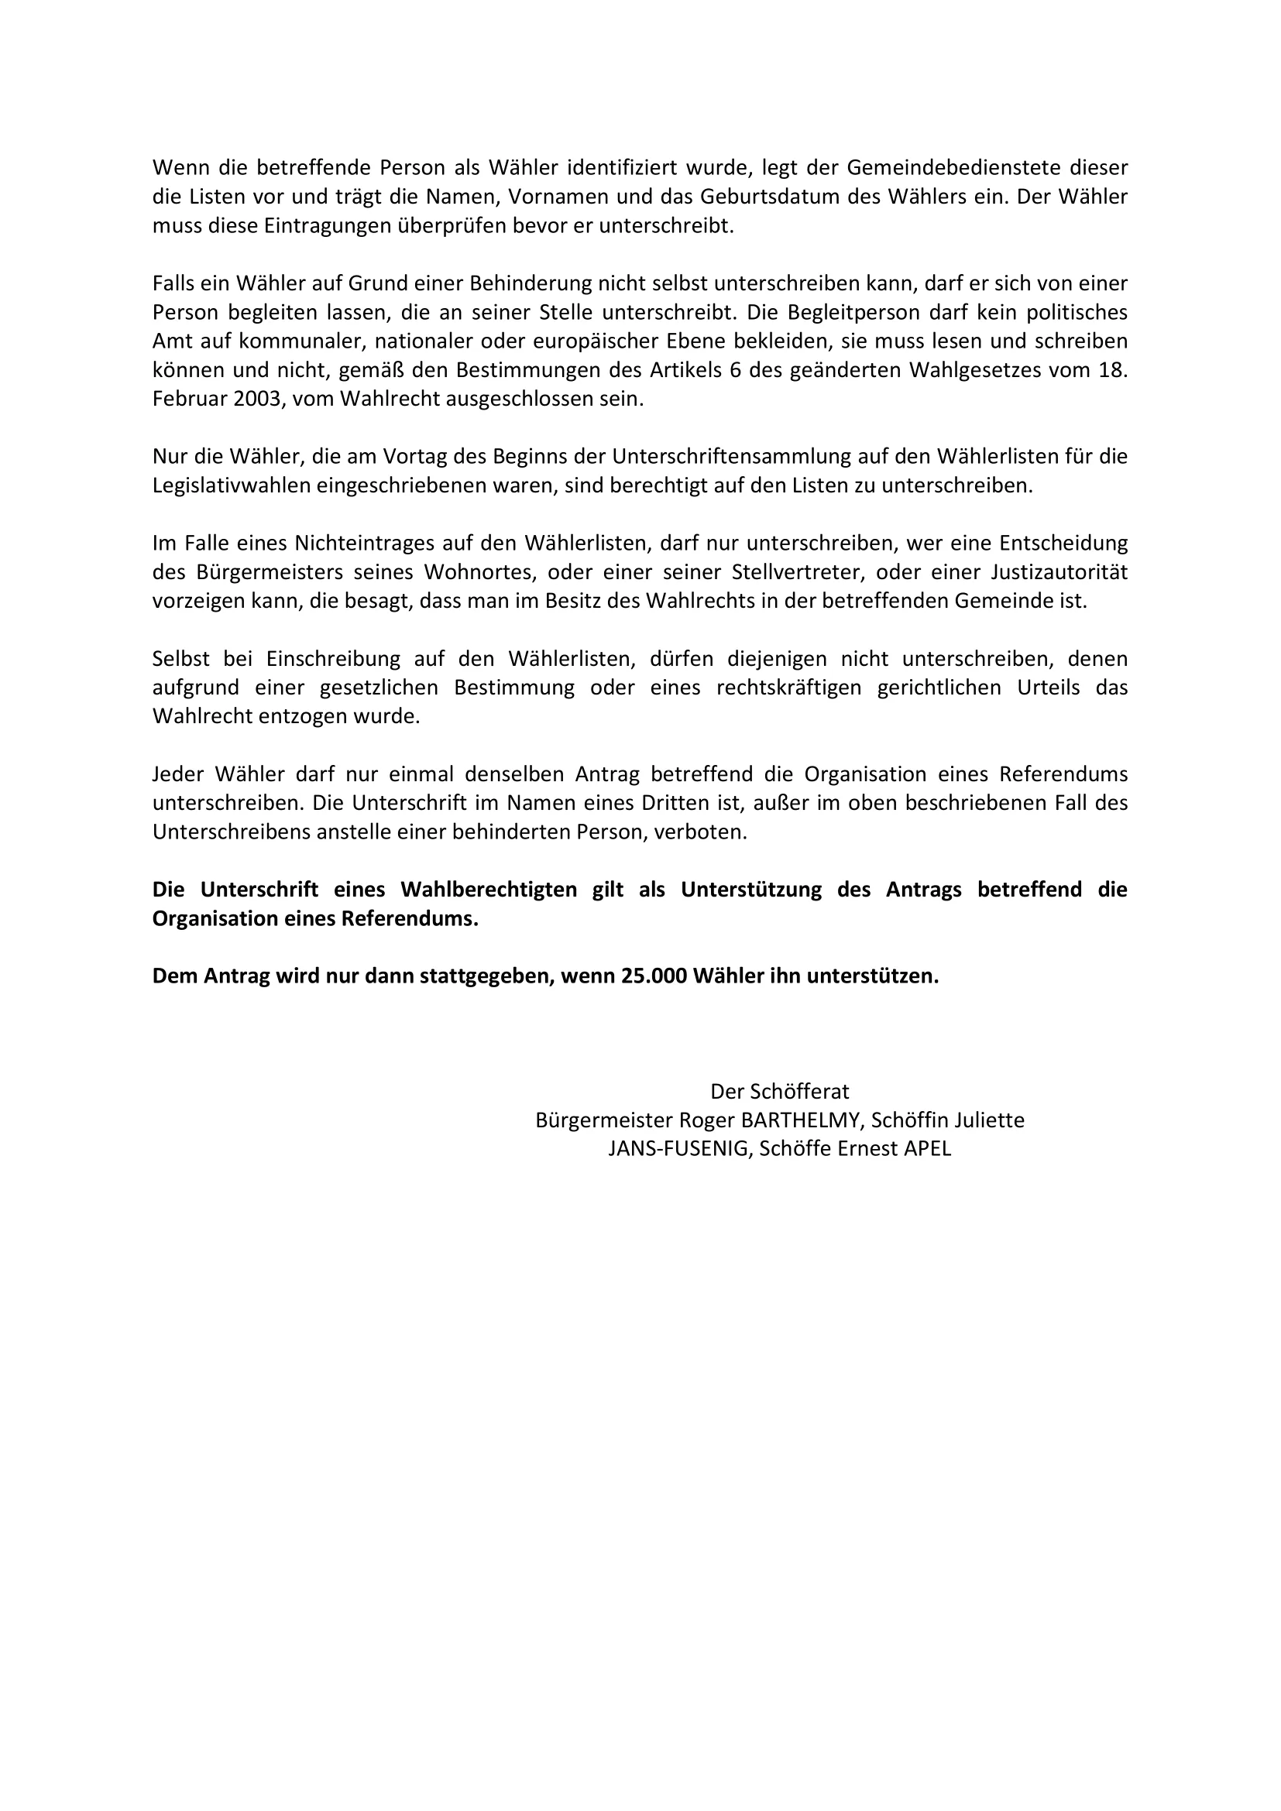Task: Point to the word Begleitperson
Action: (x=853, y=312)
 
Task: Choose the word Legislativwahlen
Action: (x=231, y=486)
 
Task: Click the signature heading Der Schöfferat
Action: (x=779, y=1092)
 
